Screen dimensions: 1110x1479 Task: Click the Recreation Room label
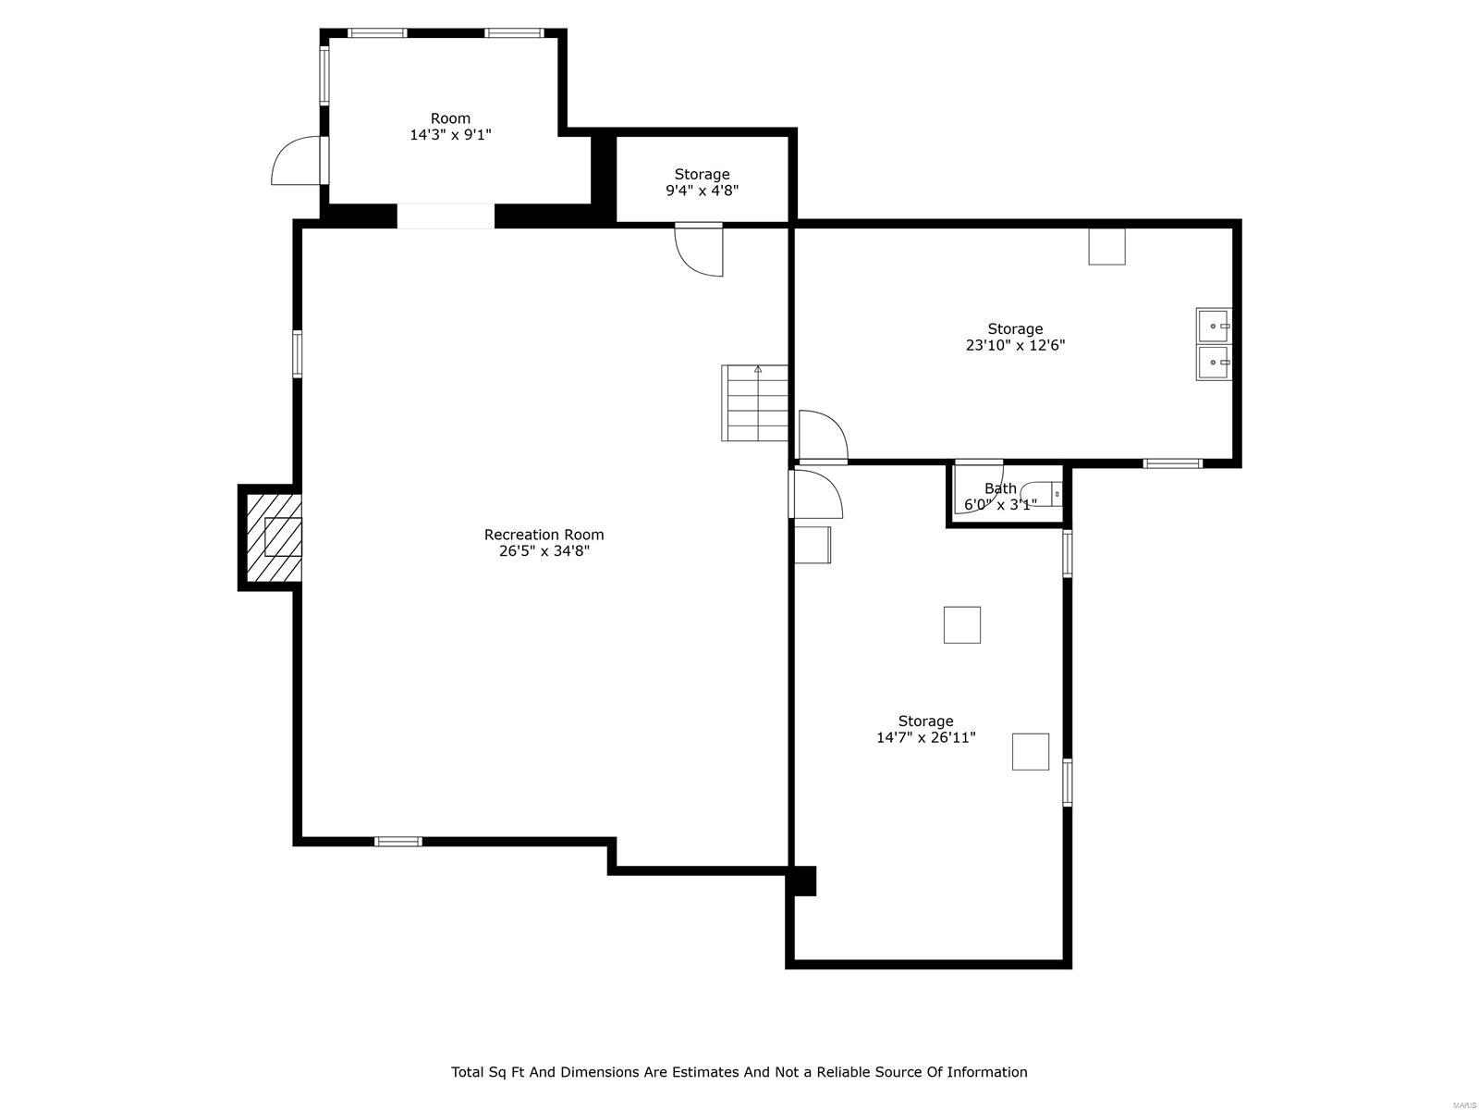tap(544, 535)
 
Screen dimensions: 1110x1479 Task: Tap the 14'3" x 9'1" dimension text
tap(450, 135)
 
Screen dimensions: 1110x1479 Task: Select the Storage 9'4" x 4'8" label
tap(702, 182)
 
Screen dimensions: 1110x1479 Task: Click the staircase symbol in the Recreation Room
tap(755, 403)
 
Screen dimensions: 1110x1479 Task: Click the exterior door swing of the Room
tap(296, 161)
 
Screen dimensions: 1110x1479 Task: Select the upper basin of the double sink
tap(1214, 327)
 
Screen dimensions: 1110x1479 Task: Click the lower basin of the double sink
tap(1214, 364)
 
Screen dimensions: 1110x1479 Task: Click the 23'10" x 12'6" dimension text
tap(1015, 346)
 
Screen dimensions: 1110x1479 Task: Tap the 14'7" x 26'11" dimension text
tap(925, 738)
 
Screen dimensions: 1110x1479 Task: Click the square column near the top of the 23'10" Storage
tap(1106, 246)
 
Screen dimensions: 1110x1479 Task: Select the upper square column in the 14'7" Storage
tap(961, 624)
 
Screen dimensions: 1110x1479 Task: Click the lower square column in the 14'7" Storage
tap(1030, 751)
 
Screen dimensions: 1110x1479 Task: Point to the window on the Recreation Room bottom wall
tap(398, 842)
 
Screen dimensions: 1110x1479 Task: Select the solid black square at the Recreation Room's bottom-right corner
tap(802, 881)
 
